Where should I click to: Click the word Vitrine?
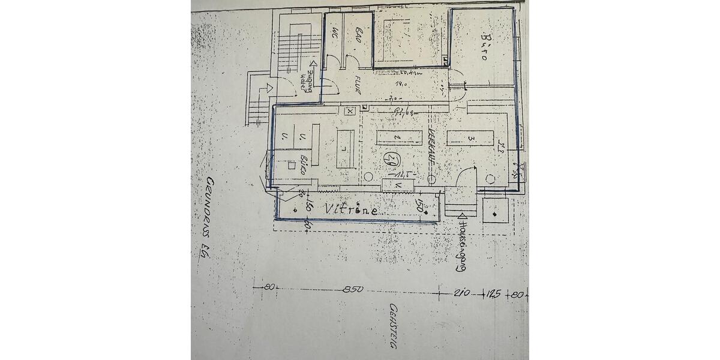point(351,209)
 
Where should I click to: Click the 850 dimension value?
point(354,290)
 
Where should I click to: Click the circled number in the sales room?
point(390,159)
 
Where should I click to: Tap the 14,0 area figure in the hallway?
point(403,85)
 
